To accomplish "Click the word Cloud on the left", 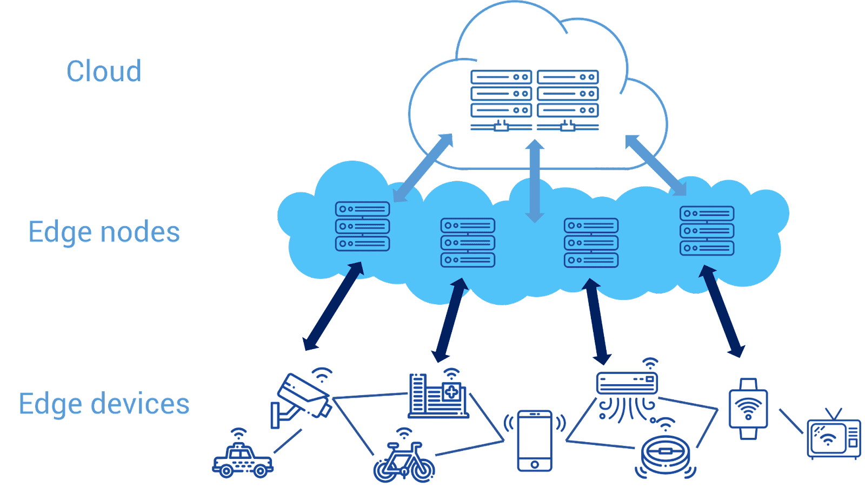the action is click(x=104, y=71).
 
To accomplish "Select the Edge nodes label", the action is click(x=104, y=232).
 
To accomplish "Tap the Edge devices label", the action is click(x=104, y=404).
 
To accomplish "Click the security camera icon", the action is click(x=301, y=398).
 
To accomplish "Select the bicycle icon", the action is click(x=404, y=458).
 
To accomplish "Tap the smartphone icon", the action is click(x=535, y=441).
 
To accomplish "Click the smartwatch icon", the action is click(x=748, y=409).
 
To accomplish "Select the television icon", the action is click(x=833, y=435).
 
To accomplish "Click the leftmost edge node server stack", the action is click(x=362, y=227).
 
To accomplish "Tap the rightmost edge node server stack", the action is click(x=707, y=231).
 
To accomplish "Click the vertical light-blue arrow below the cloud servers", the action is click(x=535, y=181).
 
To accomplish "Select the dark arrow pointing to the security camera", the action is click(x=333, y=306).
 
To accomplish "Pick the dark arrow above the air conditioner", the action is click(x=596, y=321).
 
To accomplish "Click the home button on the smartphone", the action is click(x=535, y=464).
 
